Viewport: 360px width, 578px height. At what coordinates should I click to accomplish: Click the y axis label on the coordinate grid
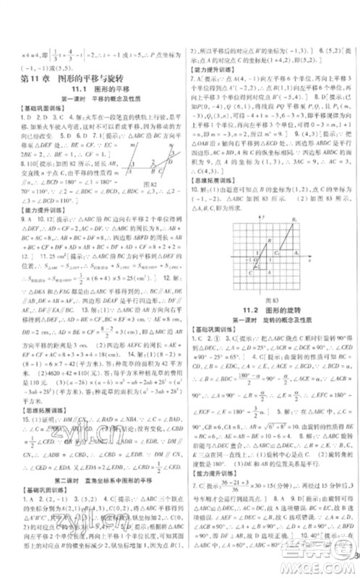click(265, 216)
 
